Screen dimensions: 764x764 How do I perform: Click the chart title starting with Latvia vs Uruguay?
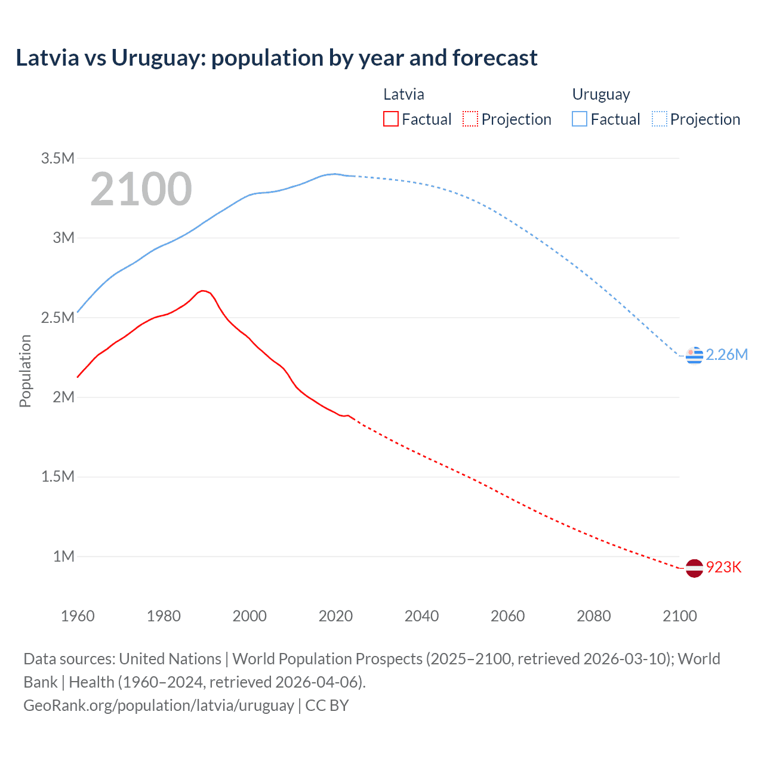276,58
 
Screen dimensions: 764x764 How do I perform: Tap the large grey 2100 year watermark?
141,189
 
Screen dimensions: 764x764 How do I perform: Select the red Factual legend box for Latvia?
390,119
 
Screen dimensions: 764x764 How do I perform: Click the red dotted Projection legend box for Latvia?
470,119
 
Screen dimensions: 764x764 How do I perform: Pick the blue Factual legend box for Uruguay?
580,119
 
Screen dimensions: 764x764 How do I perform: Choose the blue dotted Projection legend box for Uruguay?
660,119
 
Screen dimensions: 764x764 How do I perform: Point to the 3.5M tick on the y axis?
58,158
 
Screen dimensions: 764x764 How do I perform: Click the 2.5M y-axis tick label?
58,318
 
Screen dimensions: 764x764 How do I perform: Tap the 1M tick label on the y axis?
63,556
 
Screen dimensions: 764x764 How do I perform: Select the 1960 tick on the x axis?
78,616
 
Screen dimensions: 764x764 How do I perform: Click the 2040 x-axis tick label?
421,616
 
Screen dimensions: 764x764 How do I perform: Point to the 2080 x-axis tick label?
593,616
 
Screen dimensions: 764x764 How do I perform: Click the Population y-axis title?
25,371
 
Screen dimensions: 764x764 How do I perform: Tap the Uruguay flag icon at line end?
694,355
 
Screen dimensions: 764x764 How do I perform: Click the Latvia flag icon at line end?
694,568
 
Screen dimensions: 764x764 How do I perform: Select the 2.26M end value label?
726,355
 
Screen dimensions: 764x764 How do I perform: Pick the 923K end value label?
723,567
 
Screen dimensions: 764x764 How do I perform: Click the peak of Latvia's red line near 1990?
203,291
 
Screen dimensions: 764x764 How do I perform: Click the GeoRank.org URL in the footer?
158,705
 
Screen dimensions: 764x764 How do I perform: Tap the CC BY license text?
327,705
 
